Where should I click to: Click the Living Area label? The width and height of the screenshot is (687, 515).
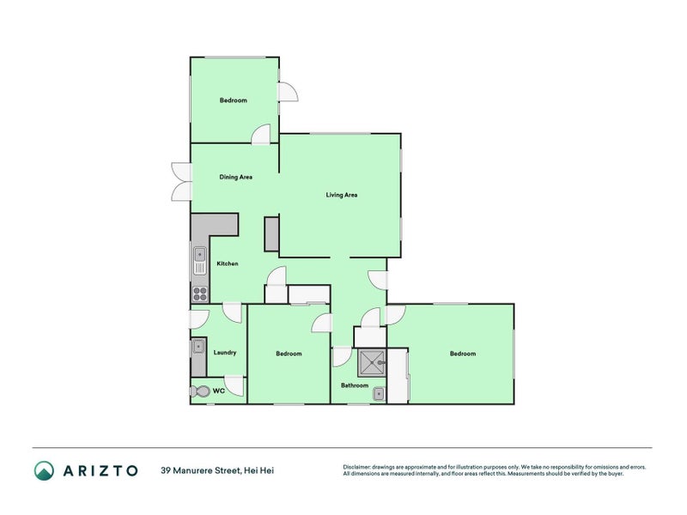coord(341,195)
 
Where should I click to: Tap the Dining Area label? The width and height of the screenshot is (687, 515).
coord(235,177)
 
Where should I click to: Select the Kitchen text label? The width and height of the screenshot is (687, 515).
coord(227,264)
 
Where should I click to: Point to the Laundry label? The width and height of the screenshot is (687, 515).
coord(224,352)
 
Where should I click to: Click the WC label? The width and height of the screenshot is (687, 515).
coord(218,391)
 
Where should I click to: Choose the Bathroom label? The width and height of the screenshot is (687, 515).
coord(354,385)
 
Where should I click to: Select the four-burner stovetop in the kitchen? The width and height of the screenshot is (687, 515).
coord(199,293)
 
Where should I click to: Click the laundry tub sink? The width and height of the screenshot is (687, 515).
coord(198,348)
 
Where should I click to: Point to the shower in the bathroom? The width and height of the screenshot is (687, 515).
coord(372,362)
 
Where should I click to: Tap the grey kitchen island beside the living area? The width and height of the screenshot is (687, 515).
coord(271,233)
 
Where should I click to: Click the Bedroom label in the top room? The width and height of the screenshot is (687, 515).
coord(233,100)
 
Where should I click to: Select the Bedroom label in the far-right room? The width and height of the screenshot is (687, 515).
coord(462,354)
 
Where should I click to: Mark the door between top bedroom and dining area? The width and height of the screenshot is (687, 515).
coord(261,135)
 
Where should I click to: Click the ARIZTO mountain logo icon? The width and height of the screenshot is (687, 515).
coord(44,470)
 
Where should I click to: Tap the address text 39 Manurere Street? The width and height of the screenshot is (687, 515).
coord(197,470)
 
